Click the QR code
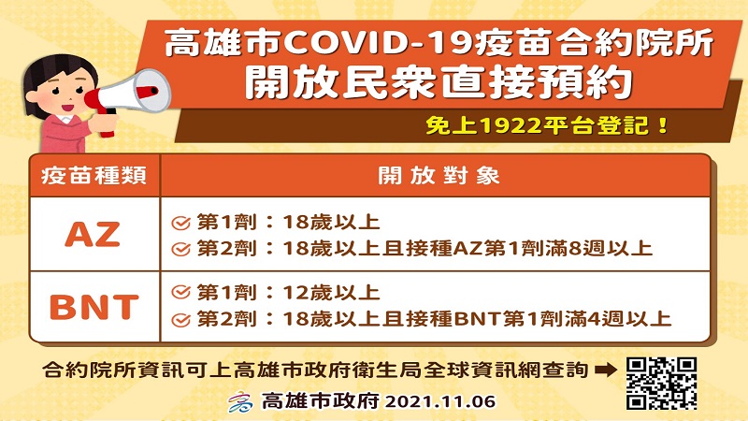(661, 383)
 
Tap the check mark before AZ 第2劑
(181, 248)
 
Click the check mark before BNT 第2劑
(181, 320)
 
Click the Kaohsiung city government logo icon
(237, 403)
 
